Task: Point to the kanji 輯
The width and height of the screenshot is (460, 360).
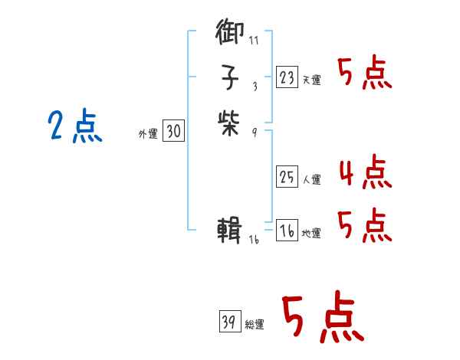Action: [x=230, y=229]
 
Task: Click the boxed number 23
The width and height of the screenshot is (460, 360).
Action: [x=287, y=77]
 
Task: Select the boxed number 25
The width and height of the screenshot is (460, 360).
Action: [x=287, y=178]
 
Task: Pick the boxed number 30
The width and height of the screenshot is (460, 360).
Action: [x=174, y=132]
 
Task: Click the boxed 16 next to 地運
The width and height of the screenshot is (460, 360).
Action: [x=287, y=231]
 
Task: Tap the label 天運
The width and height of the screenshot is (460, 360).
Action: [x=312, y=80]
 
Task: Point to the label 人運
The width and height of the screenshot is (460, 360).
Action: [x=312, y=181]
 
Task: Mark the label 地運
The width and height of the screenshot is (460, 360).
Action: [x=312, y=234]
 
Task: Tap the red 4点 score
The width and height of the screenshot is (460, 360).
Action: [x=365, y=173]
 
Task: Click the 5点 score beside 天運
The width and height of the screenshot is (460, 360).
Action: [x=365, y=74]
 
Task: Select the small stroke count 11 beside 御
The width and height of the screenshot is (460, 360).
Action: [x=254, y=39]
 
